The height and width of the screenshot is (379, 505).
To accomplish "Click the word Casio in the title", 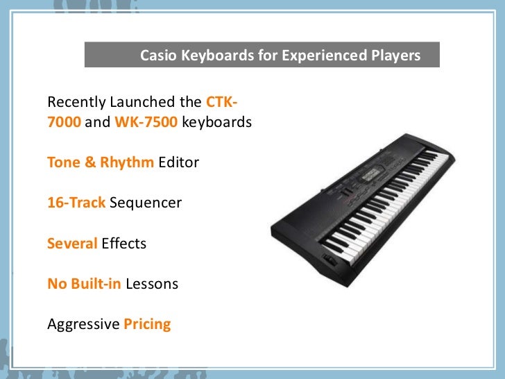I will click(159, 55).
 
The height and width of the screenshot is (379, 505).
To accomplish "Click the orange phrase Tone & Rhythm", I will click(101, 162).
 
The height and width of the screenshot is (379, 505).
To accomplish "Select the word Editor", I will click(178, 162).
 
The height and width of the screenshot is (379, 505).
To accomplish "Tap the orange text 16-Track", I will click(76, 203).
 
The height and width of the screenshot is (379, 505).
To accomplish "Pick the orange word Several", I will click(72, 244).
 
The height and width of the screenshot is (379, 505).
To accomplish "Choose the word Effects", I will click(123, 244).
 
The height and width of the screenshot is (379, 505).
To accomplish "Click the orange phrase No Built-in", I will click(84, 284).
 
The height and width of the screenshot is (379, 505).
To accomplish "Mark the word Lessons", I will click(152, 284).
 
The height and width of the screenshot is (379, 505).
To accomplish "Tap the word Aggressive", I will click(83, 324).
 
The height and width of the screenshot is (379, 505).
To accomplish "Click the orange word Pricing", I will click(147, 324).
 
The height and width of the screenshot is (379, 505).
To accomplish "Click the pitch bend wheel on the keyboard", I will click(329, 262).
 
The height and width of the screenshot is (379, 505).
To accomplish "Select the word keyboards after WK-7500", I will click(217, 122).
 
